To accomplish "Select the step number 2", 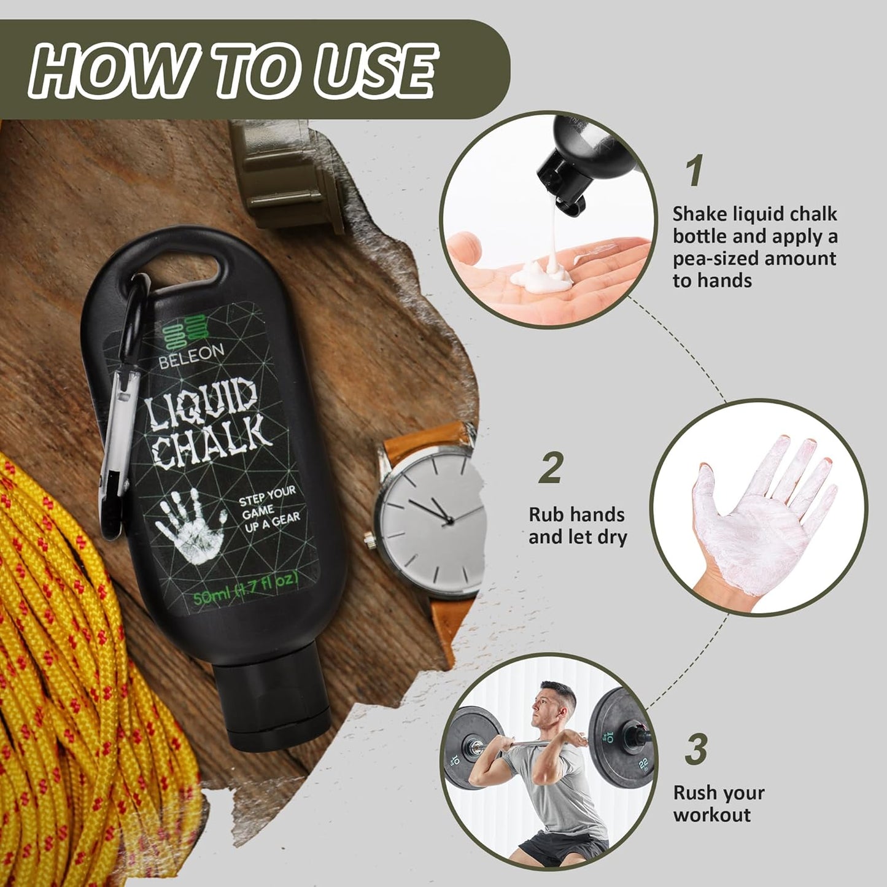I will (x=551, y=468).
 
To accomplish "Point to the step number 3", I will (x=696, y=749).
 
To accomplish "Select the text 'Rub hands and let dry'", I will (x=577, y=525).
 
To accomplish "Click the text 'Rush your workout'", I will (x=718, y=804).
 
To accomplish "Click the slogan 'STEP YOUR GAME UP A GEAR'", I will (x=269, y=507).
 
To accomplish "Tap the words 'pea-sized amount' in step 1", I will (x=754, y=258).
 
